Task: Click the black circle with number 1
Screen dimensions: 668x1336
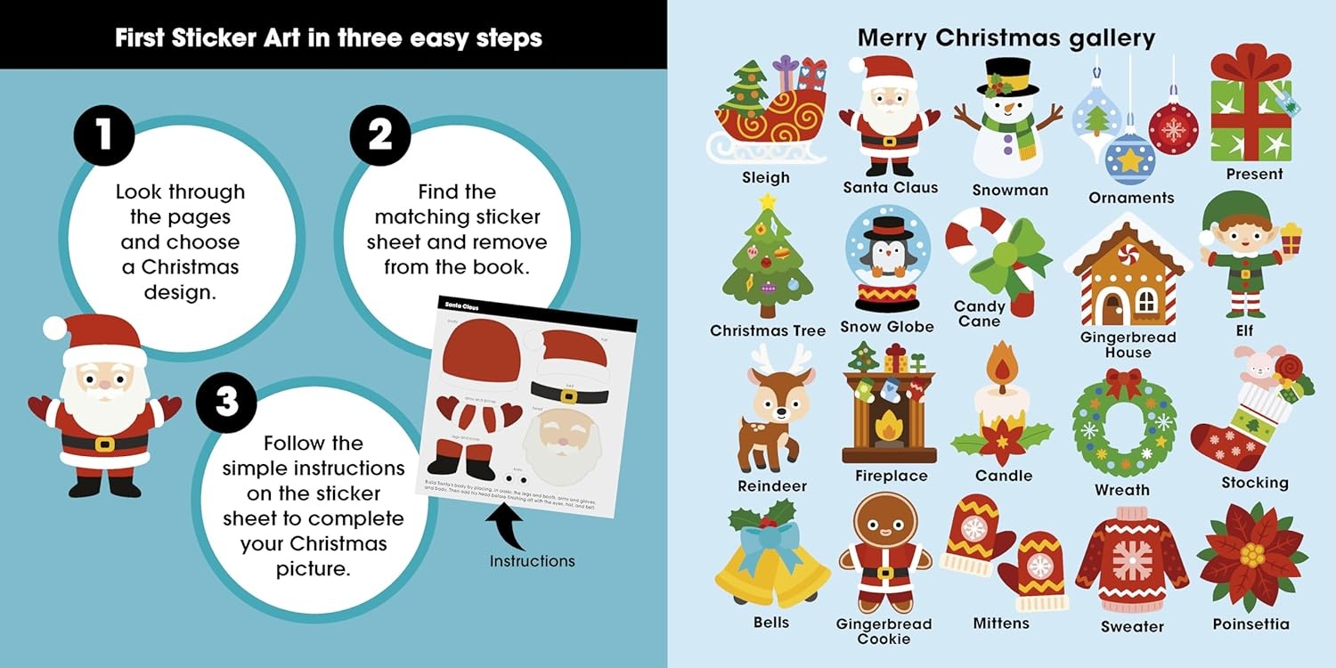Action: point(103,135)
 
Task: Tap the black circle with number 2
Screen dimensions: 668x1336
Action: point(379,135)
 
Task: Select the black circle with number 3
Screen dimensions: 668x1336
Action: point(227,403)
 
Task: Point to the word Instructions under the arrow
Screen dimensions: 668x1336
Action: point(532,561)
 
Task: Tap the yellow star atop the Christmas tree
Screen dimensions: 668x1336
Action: point(767,201)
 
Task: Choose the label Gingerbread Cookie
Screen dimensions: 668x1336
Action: point(884,631)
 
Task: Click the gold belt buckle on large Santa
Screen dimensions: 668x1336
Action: point(104,444)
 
